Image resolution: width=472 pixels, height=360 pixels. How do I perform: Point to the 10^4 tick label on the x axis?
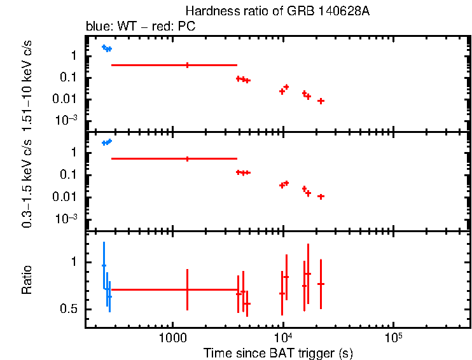(282, 337)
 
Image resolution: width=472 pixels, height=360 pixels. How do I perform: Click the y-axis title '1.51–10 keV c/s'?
(28, 86)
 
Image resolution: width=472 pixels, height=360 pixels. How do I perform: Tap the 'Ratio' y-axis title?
(28, 280)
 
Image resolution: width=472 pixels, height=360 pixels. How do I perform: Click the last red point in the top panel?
(321, 101)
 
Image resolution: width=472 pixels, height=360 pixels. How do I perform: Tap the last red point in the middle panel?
(321, 197)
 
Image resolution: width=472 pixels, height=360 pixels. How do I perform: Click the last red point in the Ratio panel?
(321, 284)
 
